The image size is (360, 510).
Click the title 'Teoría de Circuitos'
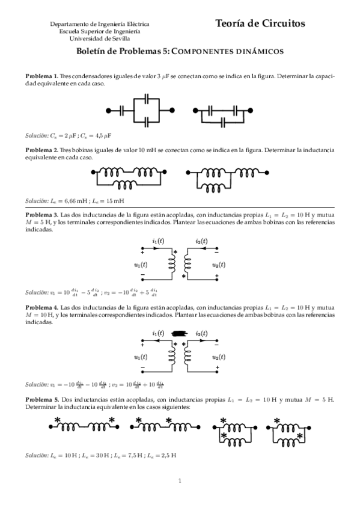tap(260, 23)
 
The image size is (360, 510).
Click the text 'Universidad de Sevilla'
tap(100, 38)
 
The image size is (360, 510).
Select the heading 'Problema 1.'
tap(41, 77)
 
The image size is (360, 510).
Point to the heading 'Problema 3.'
tap(41, 215)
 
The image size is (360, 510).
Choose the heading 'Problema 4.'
tap(41, 307)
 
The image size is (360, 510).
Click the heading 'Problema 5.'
tap(41, 399)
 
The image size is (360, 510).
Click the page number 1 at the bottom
tap(180, 481)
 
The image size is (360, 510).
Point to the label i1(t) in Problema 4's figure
tap(159, 333)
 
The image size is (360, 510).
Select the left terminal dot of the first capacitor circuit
tap(109, 110)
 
